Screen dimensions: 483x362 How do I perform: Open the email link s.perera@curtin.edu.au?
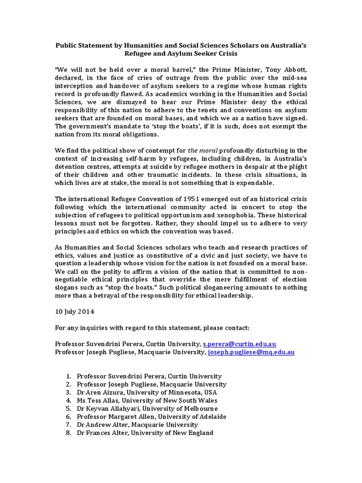tap(242, 344)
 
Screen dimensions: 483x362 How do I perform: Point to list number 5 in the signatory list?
tap(68, 408)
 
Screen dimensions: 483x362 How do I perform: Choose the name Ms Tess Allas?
tap(97, 400)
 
